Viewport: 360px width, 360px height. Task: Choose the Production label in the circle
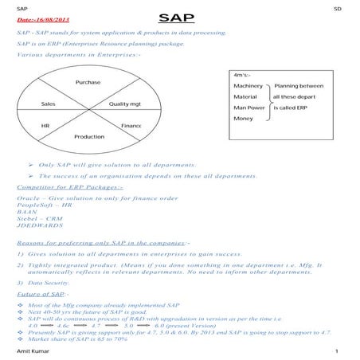89,137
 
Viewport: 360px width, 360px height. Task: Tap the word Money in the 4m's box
243,118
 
